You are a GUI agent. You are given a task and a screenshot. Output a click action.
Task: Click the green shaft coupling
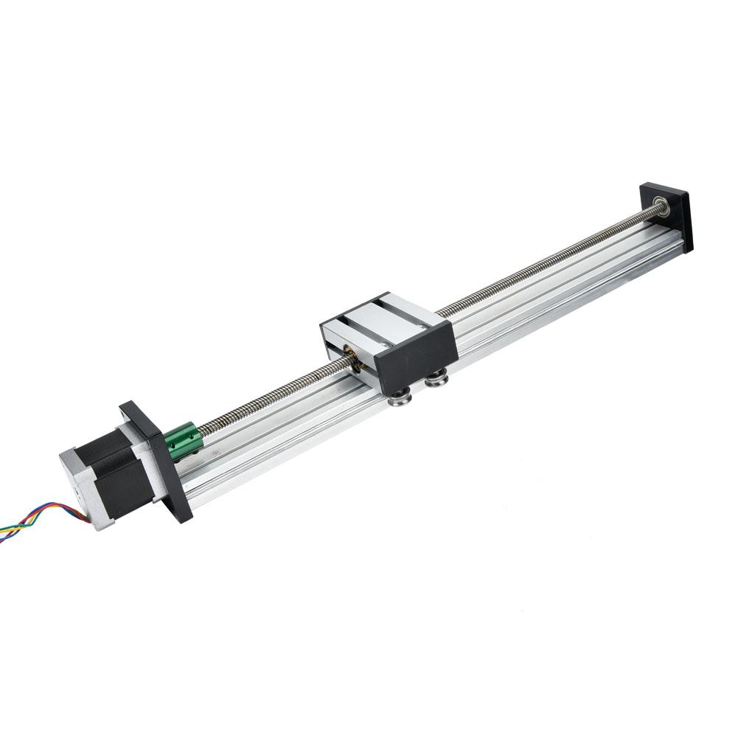click(181, 441)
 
